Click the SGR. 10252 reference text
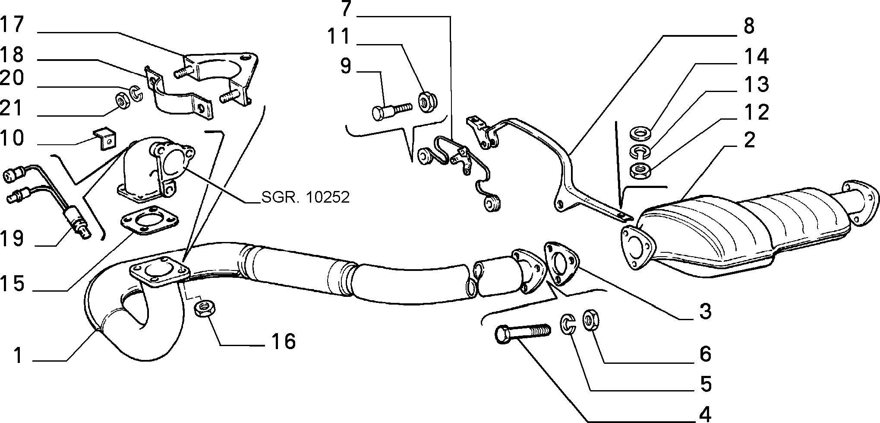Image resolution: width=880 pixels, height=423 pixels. (x=305, y=197)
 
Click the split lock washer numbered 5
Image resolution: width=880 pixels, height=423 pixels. (x=568, y=324)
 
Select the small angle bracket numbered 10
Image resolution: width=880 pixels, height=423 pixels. (x=105, y=138)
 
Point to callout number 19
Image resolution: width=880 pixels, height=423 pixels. (x=12, y=239)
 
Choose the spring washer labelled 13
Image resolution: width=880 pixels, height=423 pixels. (x=640, y=152)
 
